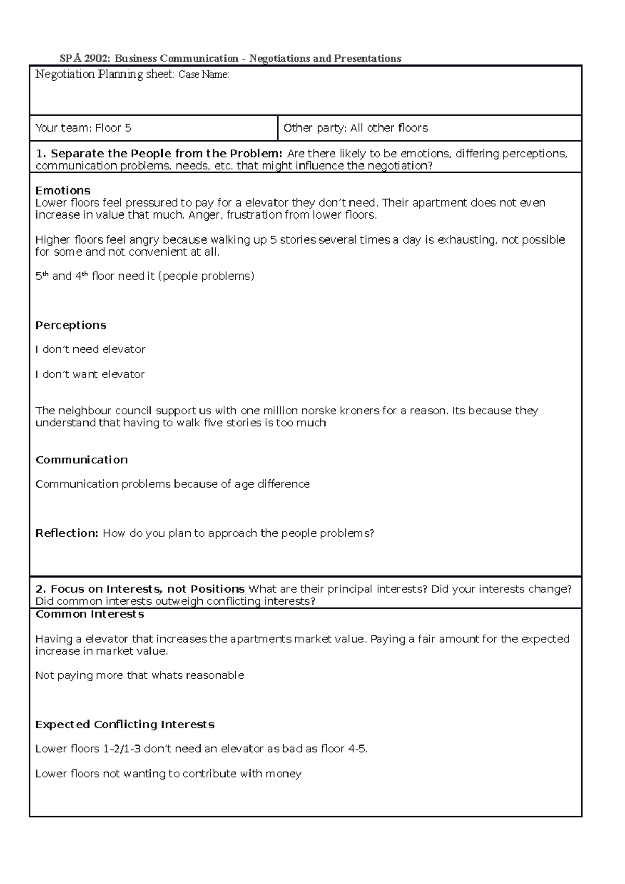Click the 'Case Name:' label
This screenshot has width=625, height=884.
(x=204, y=75)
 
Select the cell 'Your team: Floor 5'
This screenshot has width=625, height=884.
(x=83, y=128)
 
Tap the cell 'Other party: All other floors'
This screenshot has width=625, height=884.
(x=355, y=128)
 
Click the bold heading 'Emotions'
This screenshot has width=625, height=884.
(x=63, y=191)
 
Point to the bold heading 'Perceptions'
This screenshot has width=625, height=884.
(x=70, y=325)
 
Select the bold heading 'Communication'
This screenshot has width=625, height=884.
(x=81, y=460)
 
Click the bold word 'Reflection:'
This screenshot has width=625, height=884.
(x=67, y=533)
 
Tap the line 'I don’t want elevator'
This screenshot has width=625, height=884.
(x=90, y=374)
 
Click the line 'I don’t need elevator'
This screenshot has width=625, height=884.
(x=90, y=349)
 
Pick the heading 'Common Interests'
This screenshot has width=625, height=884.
(x=89, y=614)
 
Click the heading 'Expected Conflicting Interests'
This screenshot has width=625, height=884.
(x=124, y=725)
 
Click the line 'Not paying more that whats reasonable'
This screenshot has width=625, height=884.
(x=139, y=676)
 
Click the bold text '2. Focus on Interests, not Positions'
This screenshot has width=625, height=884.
(x=140, y=589)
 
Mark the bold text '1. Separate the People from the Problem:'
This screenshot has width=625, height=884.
(x=159, y=154)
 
